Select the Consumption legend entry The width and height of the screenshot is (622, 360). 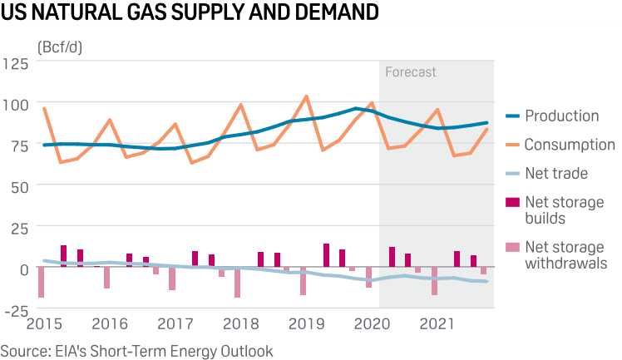click(x=570, y=145)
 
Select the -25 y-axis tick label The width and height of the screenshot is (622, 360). click(x=17, y=311)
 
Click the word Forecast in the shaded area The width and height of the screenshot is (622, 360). click(x=410, y=72)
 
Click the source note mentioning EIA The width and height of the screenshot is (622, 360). click(x=136, y=351)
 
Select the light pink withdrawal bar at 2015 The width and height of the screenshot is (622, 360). click(x=41, y=282)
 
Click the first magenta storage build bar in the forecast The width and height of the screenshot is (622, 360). click(x=392, y=257)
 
